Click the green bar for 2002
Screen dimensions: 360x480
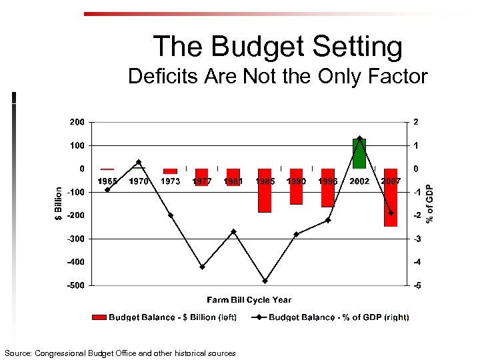[359, 153]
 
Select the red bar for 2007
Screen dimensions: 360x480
[391, 198]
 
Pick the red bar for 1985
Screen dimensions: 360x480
[265, 191]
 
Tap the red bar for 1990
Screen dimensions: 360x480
[296, 187]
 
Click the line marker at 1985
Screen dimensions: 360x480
[265, 281]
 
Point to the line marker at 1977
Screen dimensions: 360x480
[202, 267]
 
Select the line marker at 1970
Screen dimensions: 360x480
[139, 162]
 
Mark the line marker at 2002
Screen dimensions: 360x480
[359, 139]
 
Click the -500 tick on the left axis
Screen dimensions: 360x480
[77, 285]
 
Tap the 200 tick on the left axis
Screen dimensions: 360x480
[77, 122]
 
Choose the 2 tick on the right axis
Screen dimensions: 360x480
[416, 122]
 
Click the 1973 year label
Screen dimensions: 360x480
[171, 181]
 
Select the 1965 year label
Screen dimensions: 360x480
[108, 181]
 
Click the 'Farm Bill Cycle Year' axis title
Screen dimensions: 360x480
[249, 300]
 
